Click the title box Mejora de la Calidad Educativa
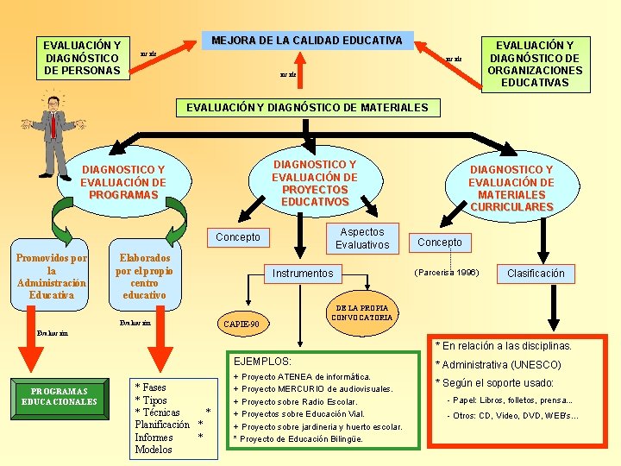pos(307,41)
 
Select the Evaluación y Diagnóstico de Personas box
pos(82,58)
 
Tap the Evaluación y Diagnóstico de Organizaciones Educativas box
pos(535,64)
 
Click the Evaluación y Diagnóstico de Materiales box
pos(308,108)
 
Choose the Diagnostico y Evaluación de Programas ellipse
pos(122,182)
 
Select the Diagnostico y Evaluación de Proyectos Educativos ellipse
pos(314,183)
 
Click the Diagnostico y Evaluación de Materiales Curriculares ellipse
pos(511,188)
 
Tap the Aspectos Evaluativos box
pos(362,238)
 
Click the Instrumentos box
pos(302,274)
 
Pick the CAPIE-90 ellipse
pos(248,324)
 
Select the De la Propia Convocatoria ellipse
pos(361,312)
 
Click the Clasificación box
pos(536,274)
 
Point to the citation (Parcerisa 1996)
pos(447,273)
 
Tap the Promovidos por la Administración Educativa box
pos(52,276)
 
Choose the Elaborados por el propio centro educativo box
pos(144,276)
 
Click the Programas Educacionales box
pos(60,397)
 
